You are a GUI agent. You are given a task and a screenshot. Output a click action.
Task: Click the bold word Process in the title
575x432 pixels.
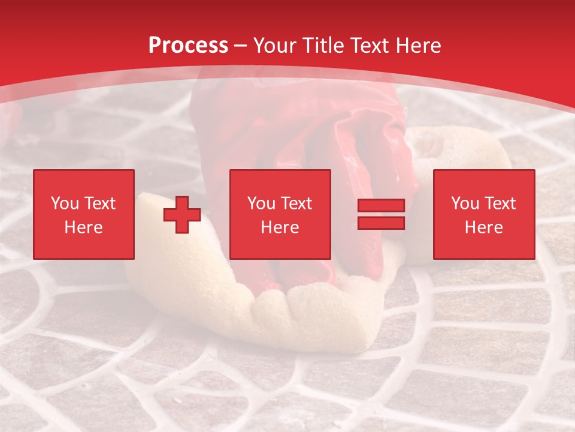188,46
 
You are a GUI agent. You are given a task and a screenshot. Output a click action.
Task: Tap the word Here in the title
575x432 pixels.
419,46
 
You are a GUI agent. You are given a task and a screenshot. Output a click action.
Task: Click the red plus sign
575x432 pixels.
182,215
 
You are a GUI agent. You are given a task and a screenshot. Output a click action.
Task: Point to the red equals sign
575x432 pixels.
381,214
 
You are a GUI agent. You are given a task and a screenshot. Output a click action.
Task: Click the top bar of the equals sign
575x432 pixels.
381,206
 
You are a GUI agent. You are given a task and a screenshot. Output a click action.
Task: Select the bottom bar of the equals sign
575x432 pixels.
381,223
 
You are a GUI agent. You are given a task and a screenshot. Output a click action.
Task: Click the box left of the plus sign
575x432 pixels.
84,214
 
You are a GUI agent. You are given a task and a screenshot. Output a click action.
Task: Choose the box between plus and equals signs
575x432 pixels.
280,214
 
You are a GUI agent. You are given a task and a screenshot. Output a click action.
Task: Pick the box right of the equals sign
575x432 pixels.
484,214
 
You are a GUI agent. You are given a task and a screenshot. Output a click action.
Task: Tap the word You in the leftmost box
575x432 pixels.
65,203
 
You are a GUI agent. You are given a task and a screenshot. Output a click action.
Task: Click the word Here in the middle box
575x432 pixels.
280,227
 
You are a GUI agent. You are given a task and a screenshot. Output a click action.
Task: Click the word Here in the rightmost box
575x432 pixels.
484,227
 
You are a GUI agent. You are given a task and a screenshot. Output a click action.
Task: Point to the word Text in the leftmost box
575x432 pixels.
100,203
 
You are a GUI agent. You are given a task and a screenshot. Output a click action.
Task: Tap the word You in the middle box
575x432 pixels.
261,203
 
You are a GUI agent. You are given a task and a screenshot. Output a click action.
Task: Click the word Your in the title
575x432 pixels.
276,46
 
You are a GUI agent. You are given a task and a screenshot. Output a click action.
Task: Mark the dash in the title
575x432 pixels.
240,46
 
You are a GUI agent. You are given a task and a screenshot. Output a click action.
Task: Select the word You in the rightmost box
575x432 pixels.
465,203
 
